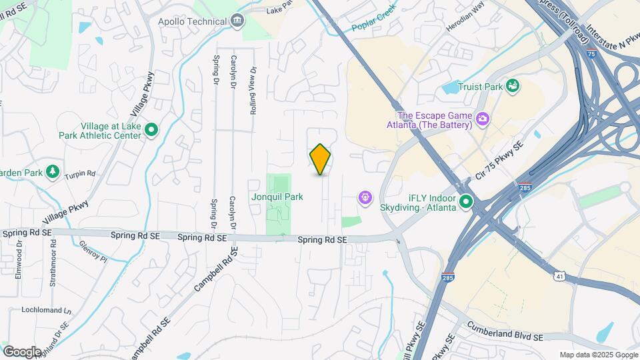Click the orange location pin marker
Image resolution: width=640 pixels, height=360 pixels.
coord(321,159)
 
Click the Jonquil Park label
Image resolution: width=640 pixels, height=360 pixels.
coord(277,197)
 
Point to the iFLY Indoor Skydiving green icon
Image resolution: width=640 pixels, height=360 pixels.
coord(466,201)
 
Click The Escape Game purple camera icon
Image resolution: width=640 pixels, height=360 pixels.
coord(482,120)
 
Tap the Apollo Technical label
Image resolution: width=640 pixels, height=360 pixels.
coord(192,21)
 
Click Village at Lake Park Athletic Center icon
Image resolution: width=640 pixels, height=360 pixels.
coord(151,131)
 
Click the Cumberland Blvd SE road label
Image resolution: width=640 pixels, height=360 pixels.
coord(506,331)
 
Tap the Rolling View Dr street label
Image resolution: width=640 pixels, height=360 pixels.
coord(253,91)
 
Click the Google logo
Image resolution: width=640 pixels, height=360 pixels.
coord(21,351)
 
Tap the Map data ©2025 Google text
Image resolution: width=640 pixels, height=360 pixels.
coord(598,355)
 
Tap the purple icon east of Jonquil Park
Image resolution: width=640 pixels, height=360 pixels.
coord(365,197)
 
